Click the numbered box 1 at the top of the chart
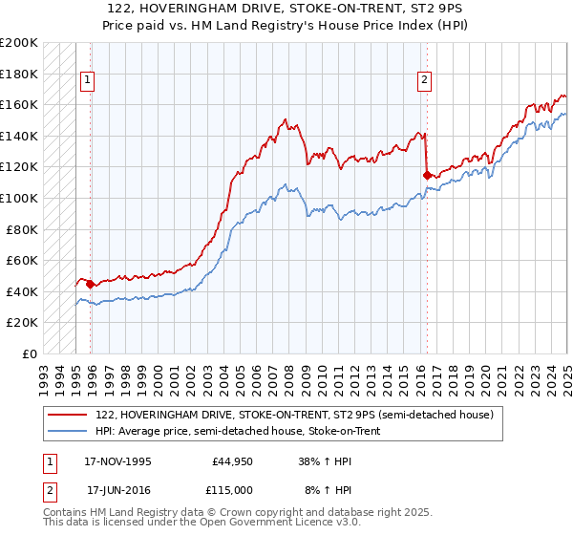(x=86, y=81)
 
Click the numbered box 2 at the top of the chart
(x=423, y=81)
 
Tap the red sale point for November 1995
(x=90, y=284)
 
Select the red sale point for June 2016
(x=427, y=175)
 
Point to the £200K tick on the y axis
(x=19, y=43)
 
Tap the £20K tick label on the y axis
(x=23, y=322)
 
